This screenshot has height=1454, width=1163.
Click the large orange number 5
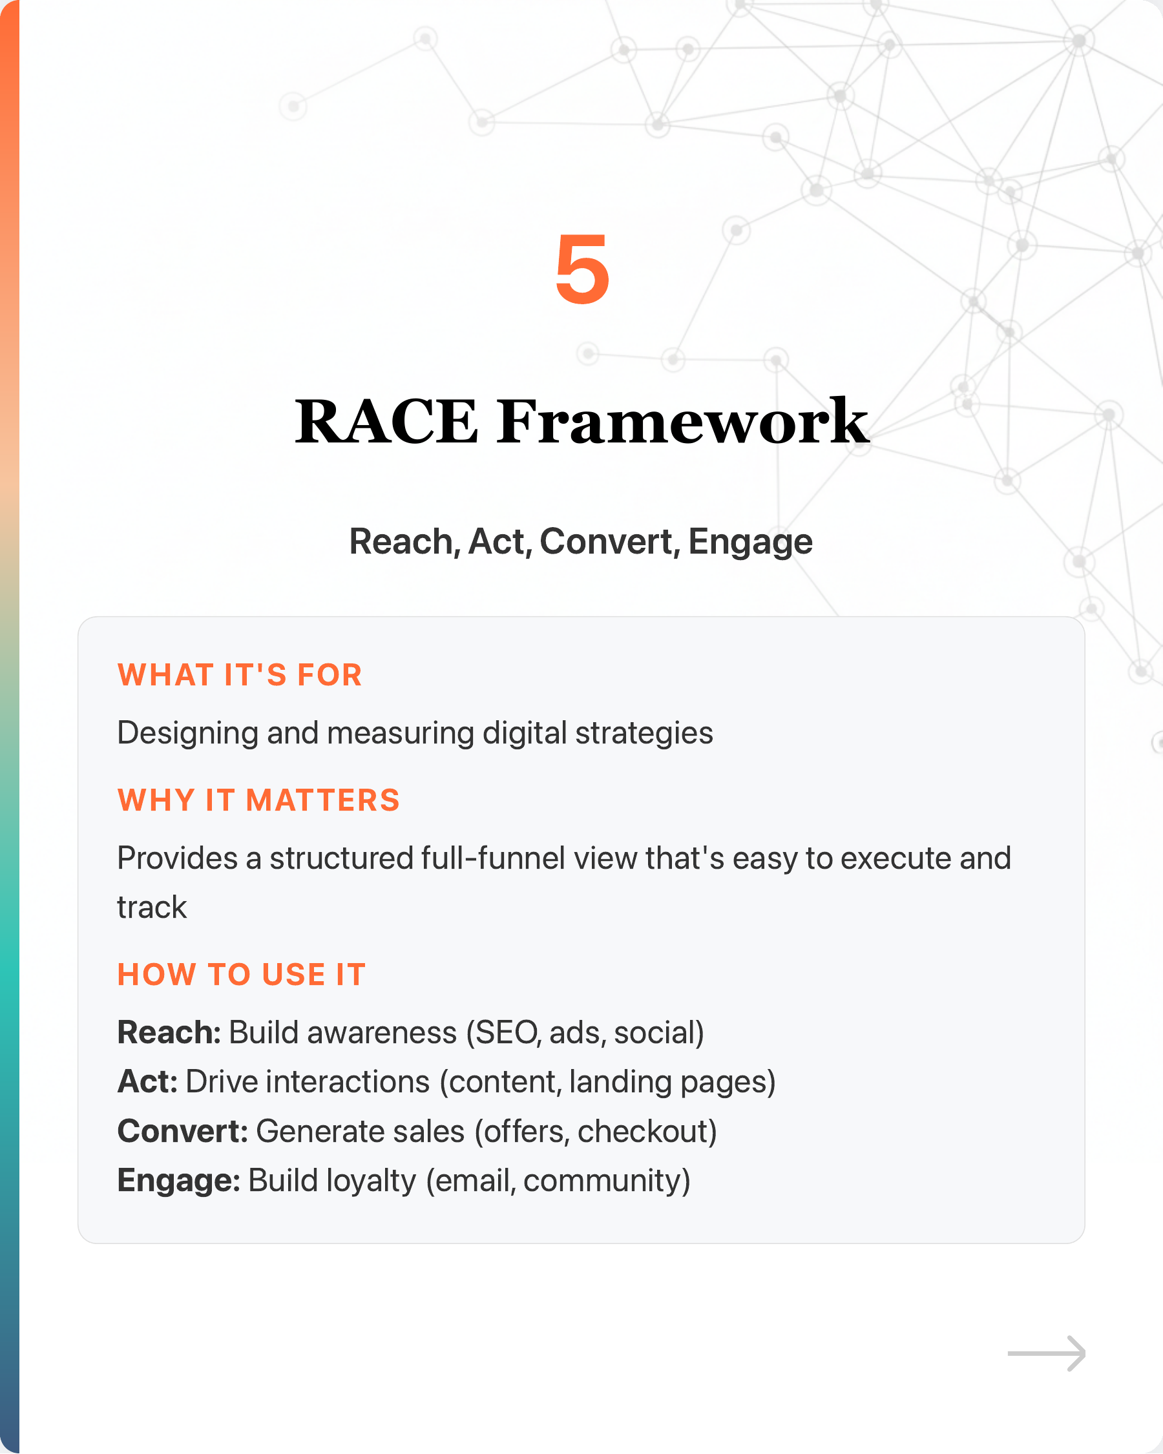tap(582, 269)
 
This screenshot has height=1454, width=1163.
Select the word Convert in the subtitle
tap(606, 541)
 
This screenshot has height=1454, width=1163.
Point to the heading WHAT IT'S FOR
tap(240, 675)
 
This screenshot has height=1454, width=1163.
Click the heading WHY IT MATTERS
tap(258, 800)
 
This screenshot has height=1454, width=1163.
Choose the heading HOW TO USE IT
tap(242, 975)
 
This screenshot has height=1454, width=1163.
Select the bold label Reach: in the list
tap(169, 1032)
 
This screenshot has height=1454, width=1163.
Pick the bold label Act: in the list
tap(147, 1082)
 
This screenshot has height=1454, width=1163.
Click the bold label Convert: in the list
tap(183, 1131)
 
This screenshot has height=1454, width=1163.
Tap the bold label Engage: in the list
tap(178, 1181)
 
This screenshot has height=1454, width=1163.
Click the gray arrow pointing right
tap(1046, 1353)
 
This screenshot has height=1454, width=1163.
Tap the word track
tap(152, 908)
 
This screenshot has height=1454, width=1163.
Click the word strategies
tap(644, 734)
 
